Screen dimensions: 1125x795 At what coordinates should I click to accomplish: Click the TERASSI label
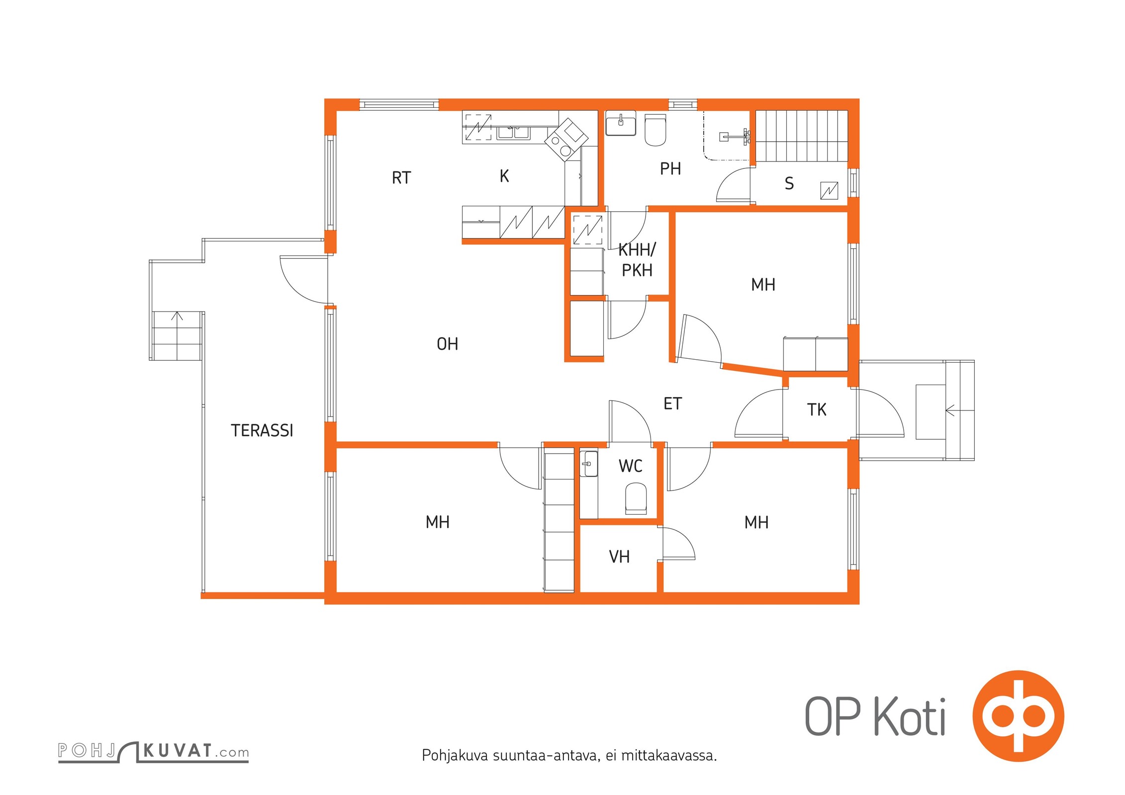(262, 430)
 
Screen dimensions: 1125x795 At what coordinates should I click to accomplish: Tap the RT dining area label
(401, 178)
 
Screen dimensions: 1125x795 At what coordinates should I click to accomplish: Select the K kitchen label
(504, 176)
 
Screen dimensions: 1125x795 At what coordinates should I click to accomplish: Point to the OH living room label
(447, 344)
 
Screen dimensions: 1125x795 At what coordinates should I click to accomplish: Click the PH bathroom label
(670, 169)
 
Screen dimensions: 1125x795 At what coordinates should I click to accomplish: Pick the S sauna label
(789, 184)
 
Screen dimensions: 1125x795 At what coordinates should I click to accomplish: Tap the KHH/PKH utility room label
(637, 260)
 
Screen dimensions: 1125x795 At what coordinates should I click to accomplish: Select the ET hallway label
(672, 403)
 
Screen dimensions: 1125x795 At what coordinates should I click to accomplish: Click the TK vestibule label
(817, 409)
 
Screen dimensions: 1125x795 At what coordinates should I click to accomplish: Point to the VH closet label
(619, 556)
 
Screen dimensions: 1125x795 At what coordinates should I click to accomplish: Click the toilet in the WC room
(636, 498)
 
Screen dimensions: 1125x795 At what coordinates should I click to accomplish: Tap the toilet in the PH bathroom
(656, 130)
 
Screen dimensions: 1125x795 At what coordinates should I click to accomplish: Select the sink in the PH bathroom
(621, 123)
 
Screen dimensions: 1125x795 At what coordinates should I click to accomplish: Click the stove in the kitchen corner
(566, 139)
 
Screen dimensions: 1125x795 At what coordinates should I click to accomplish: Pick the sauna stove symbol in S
(829, 191)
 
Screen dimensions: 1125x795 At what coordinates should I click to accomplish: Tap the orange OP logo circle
(1019, 716)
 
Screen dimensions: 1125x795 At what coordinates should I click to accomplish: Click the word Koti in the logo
(910, 717)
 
